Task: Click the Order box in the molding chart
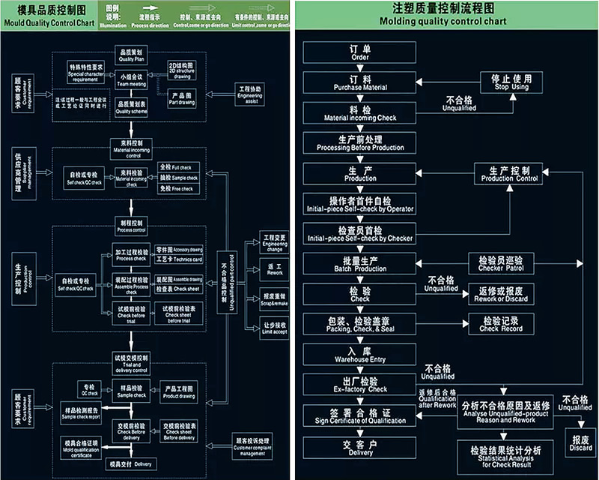point(360,52)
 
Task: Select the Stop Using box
point(511,82)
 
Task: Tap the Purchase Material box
point(360,82)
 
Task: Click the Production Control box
point(510,174)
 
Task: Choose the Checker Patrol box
point(501,262)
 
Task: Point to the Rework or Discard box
point(501,294)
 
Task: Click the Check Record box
point(501,324)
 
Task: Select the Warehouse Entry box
point(360,355)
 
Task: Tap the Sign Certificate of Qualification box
point(360,415)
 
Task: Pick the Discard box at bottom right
point(580,443)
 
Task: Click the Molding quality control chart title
point(443,14)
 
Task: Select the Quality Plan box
point(132,55)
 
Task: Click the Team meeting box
point(132,79)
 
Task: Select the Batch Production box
point(360,264)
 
